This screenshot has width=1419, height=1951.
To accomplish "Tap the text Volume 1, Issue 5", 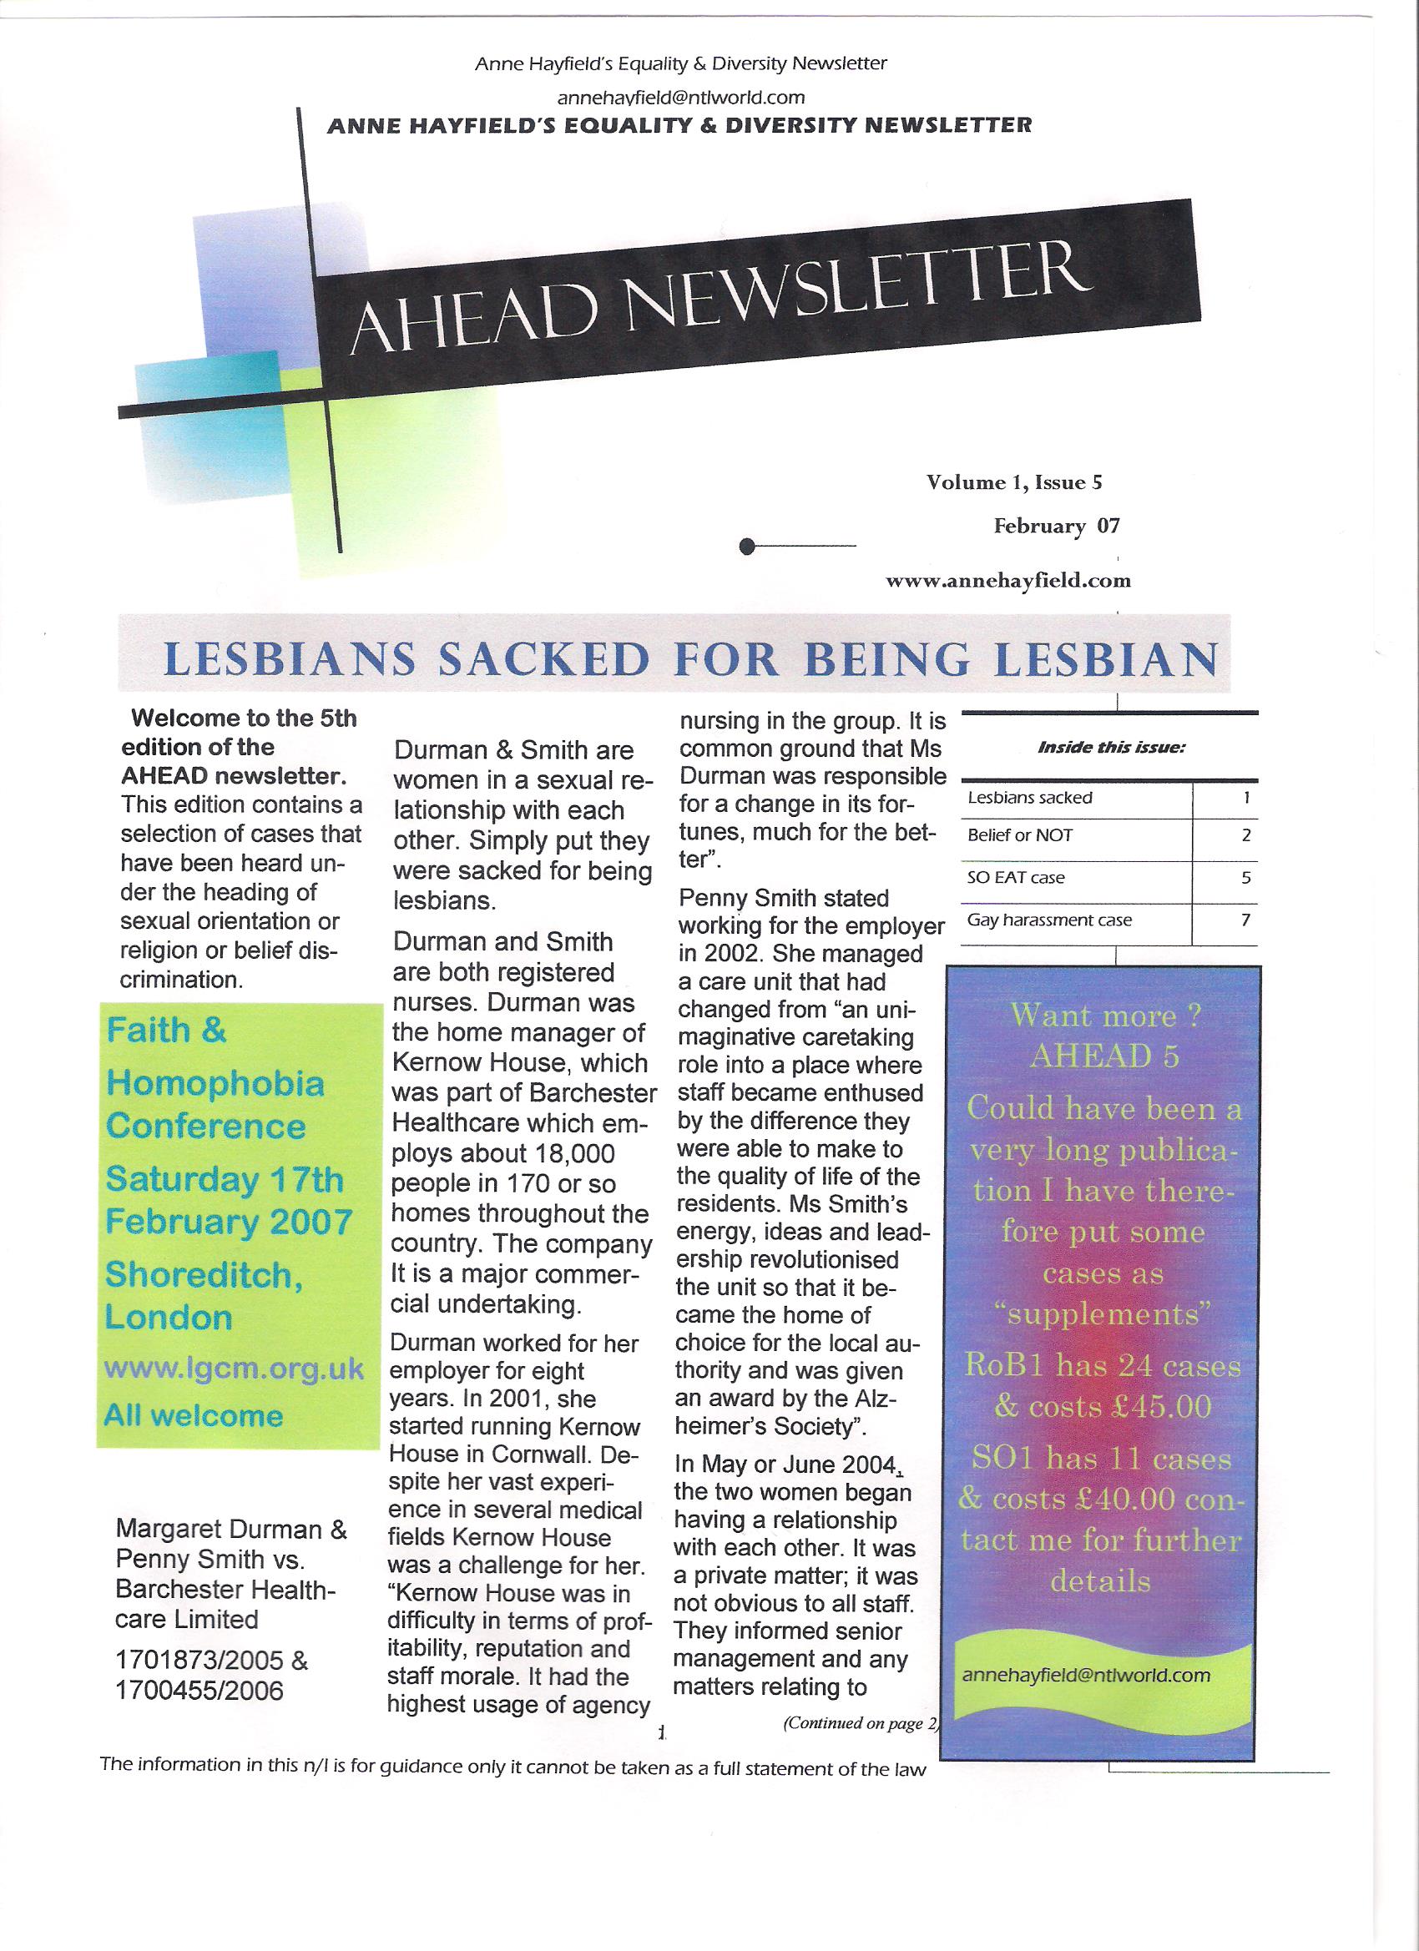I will (x=1013, y=482).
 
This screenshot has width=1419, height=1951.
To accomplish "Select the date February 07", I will (x=1056, y=526).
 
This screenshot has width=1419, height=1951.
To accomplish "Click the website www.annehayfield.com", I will (x=1007, y=581).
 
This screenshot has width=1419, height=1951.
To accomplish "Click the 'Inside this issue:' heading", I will (x=1111, y=748).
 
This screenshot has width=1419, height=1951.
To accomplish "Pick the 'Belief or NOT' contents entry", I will (x=1020, y=835).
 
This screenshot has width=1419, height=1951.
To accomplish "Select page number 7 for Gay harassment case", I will (x=1245, y=920).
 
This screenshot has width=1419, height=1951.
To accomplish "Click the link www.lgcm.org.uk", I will (x=233, y=1369).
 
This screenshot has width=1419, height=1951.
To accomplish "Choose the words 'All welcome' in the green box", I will (x=194, y=1416).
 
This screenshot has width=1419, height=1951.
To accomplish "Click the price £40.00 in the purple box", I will (x=1128, y=1499).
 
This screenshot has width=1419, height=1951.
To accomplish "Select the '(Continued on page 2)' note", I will (x=859, y=1722).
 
